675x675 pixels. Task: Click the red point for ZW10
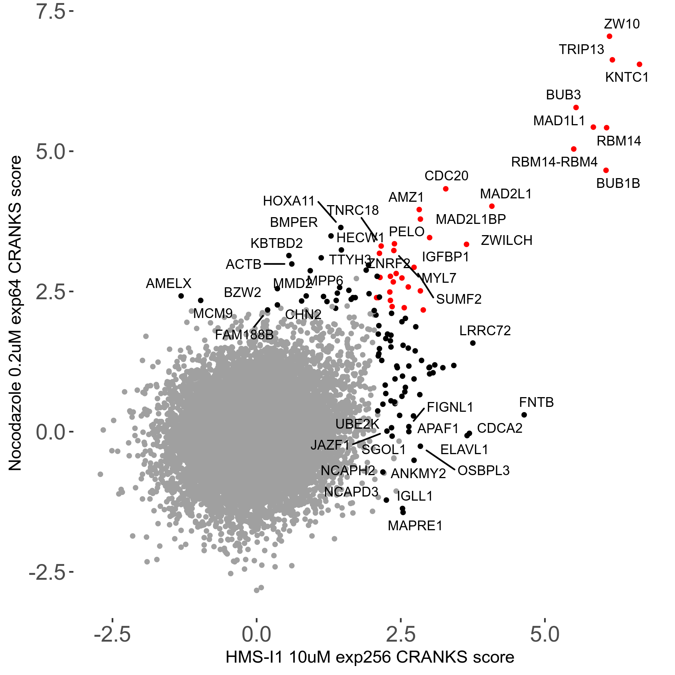[609, 36]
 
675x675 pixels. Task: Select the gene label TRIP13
[581, 49]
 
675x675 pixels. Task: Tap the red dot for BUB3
[576, 108]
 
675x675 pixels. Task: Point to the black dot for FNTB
[524, 415]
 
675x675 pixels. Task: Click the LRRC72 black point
[473, 343]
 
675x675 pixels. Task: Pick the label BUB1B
[618, 184]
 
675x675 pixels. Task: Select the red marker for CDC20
[445, 189]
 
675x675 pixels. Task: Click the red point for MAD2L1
[492, 206]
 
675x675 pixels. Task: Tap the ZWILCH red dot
[466, 244]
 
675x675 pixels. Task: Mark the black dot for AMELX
[181, 296]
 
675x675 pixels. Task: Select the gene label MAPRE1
[415, 526]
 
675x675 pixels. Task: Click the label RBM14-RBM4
[554, 162]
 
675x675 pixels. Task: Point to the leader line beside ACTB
[274, 264]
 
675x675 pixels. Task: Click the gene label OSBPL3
[483, 471]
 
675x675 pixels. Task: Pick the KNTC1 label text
[627, 78]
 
